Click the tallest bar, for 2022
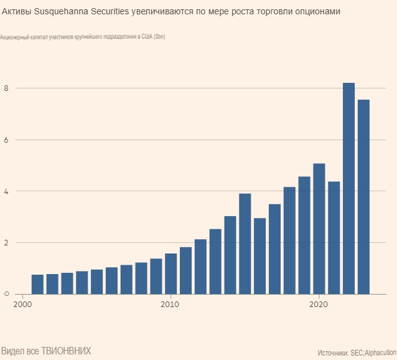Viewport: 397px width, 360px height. (348, 188)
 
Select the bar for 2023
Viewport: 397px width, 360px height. (363, 197)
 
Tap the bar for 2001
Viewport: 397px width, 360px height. (37, 284)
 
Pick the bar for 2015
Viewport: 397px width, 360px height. (245, 244)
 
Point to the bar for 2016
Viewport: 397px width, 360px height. (259, 255)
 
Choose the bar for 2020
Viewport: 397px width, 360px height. (319, 229)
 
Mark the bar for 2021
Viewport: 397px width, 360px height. (334, 237)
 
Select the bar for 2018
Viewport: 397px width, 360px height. (289, 240)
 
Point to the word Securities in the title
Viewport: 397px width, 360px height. (111, 12)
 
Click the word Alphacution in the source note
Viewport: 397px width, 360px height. (379, 353)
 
